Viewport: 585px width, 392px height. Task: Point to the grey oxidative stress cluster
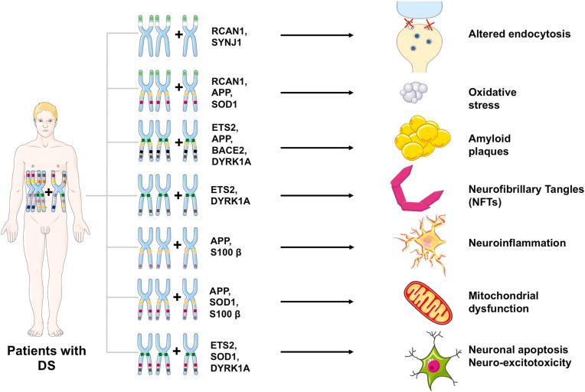414,92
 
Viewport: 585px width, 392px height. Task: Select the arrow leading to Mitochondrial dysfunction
316,301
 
